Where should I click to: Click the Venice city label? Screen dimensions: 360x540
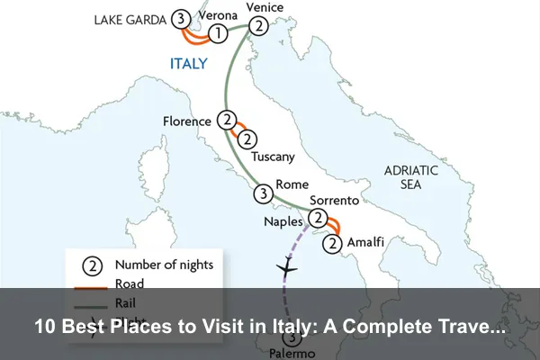(265, 8)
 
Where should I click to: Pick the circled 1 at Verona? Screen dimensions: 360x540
(217, 34)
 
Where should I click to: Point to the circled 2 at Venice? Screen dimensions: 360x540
(259, 26)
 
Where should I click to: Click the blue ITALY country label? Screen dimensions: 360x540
(189, 64)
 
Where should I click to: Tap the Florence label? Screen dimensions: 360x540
(187, 121)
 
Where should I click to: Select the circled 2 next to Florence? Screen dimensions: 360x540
(227, 121)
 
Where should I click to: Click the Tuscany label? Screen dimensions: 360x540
(273, 157)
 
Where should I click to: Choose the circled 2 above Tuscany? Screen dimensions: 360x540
(247, 139)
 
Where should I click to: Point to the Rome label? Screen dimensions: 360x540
(292, 184)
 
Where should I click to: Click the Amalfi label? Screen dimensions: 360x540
(365, 242)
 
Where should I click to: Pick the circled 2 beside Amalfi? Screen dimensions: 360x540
(333, 242)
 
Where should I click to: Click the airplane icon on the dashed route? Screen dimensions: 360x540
(286, 268)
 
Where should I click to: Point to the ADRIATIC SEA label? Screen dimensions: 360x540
(410, 176)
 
